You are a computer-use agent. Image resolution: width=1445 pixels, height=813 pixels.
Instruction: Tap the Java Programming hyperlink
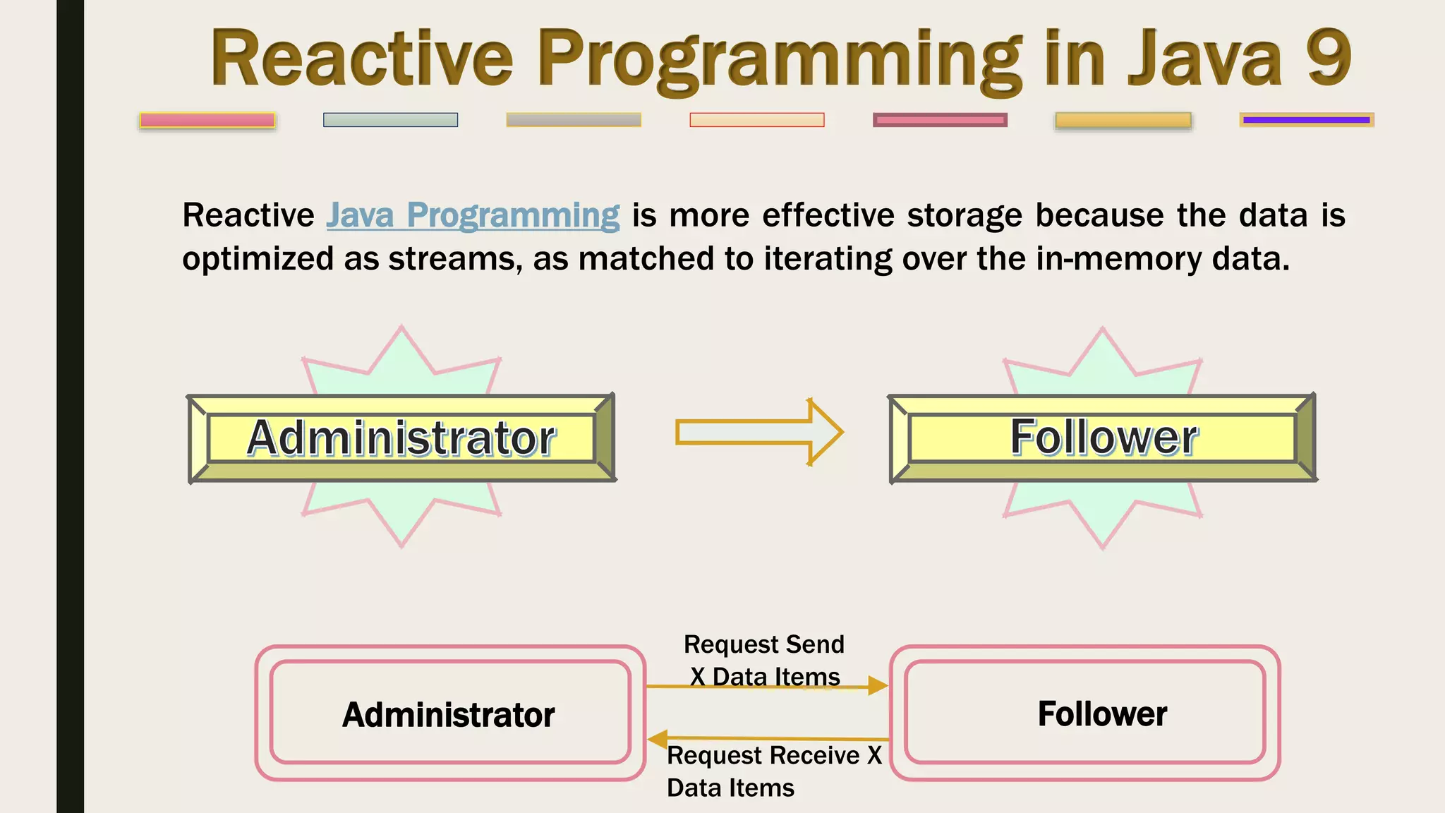point(473,215)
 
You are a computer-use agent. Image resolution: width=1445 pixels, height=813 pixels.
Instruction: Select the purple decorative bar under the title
point(1306,120)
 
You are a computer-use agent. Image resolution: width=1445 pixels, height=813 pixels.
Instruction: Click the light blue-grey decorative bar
point(390,120)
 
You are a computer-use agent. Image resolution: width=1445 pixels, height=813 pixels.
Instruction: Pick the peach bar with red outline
point(756,120)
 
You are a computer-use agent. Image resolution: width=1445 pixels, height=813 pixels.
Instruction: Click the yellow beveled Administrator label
point(401,438)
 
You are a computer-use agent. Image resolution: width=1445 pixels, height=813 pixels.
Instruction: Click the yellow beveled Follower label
point(1103,438)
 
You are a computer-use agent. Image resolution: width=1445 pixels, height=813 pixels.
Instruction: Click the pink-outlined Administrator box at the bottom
point(449,713)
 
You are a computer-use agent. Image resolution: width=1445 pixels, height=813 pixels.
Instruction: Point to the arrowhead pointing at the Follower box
point(877,686)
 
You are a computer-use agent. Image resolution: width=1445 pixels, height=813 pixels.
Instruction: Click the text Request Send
point(763,644)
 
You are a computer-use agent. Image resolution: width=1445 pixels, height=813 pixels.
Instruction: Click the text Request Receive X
point(774,755)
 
